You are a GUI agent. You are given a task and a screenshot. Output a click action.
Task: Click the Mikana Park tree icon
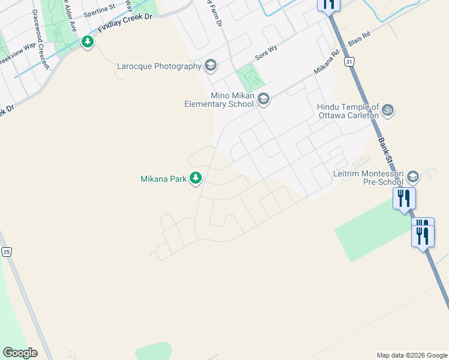click(x=196, y=178)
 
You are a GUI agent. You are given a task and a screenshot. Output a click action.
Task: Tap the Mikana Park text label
click(x=163, y=179)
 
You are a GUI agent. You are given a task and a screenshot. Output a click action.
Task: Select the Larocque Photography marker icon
click(x=210, y=65)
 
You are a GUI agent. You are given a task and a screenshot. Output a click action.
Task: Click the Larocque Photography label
click(x=159, y=66)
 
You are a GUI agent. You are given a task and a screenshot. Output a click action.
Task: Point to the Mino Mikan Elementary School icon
click(x=263, y=99)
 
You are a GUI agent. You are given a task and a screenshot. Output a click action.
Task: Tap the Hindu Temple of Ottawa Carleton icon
click(x=388, y=110)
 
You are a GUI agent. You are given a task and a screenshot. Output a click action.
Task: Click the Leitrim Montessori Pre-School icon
click(x=412, y=176)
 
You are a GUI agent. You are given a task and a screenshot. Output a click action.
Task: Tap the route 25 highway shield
click(x=6, y=252)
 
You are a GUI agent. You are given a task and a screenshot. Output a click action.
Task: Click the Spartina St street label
click(x=99, y=11)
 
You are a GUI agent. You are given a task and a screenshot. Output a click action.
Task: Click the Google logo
click(x=20, y=352)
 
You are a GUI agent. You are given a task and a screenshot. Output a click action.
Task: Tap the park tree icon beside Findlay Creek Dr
click(x=88, y=42)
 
